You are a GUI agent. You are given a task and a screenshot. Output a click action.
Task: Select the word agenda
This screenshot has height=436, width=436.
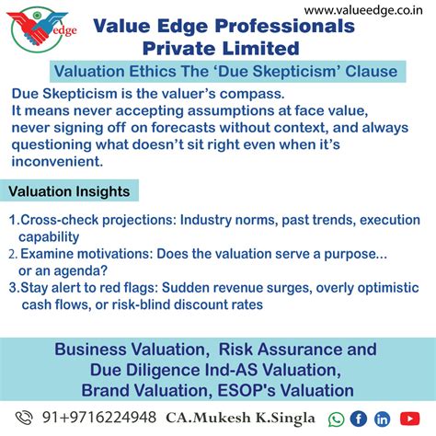84,270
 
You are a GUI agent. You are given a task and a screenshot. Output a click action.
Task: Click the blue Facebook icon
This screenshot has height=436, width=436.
359,419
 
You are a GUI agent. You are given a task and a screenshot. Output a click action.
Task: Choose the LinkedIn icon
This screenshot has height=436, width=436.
382,419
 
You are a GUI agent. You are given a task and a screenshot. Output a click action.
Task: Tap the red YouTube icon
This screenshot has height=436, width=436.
408,419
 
